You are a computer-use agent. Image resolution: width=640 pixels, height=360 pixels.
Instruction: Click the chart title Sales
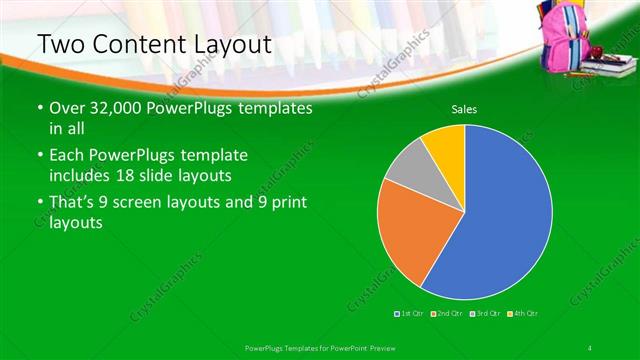tap(463, 108)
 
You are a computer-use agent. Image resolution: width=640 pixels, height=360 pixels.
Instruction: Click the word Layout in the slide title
tap(216, 44)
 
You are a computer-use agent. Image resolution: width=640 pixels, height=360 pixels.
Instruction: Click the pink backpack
tap(564, 40)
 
